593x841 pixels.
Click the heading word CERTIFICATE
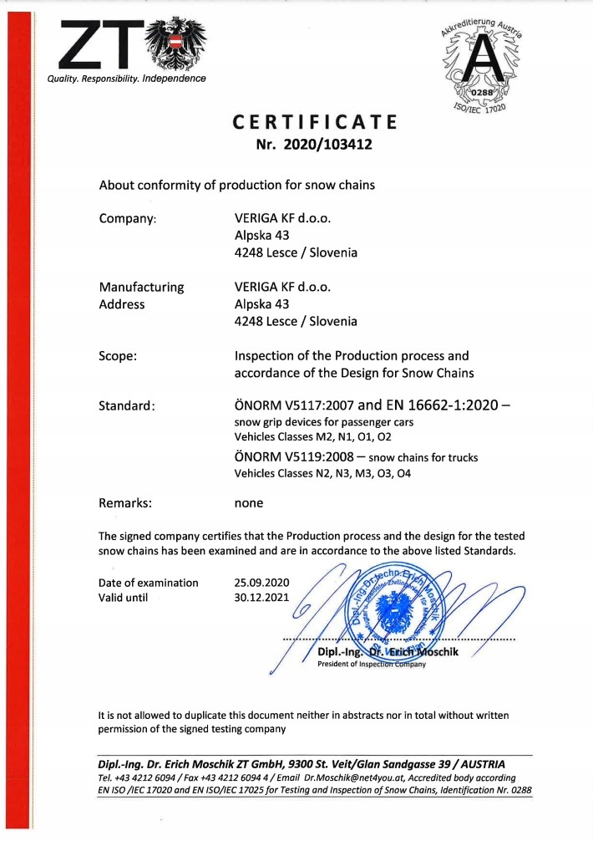[314, 123]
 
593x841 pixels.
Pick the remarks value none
[249, 502]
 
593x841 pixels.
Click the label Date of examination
[149, 582]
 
